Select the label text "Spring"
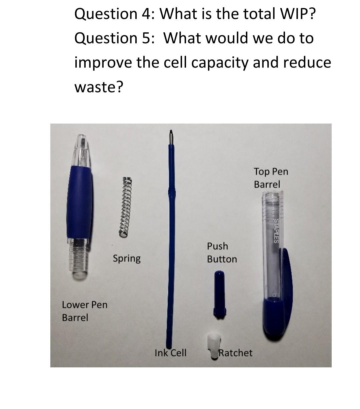pos(127,258)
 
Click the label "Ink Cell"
pos(170,353)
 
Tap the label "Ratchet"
pos(236,353)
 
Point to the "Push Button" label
pos(222,252)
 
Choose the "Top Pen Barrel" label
pos(271,178)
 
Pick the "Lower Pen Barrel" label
pos(85,311)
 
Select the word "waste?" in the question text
pos(99,87)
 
